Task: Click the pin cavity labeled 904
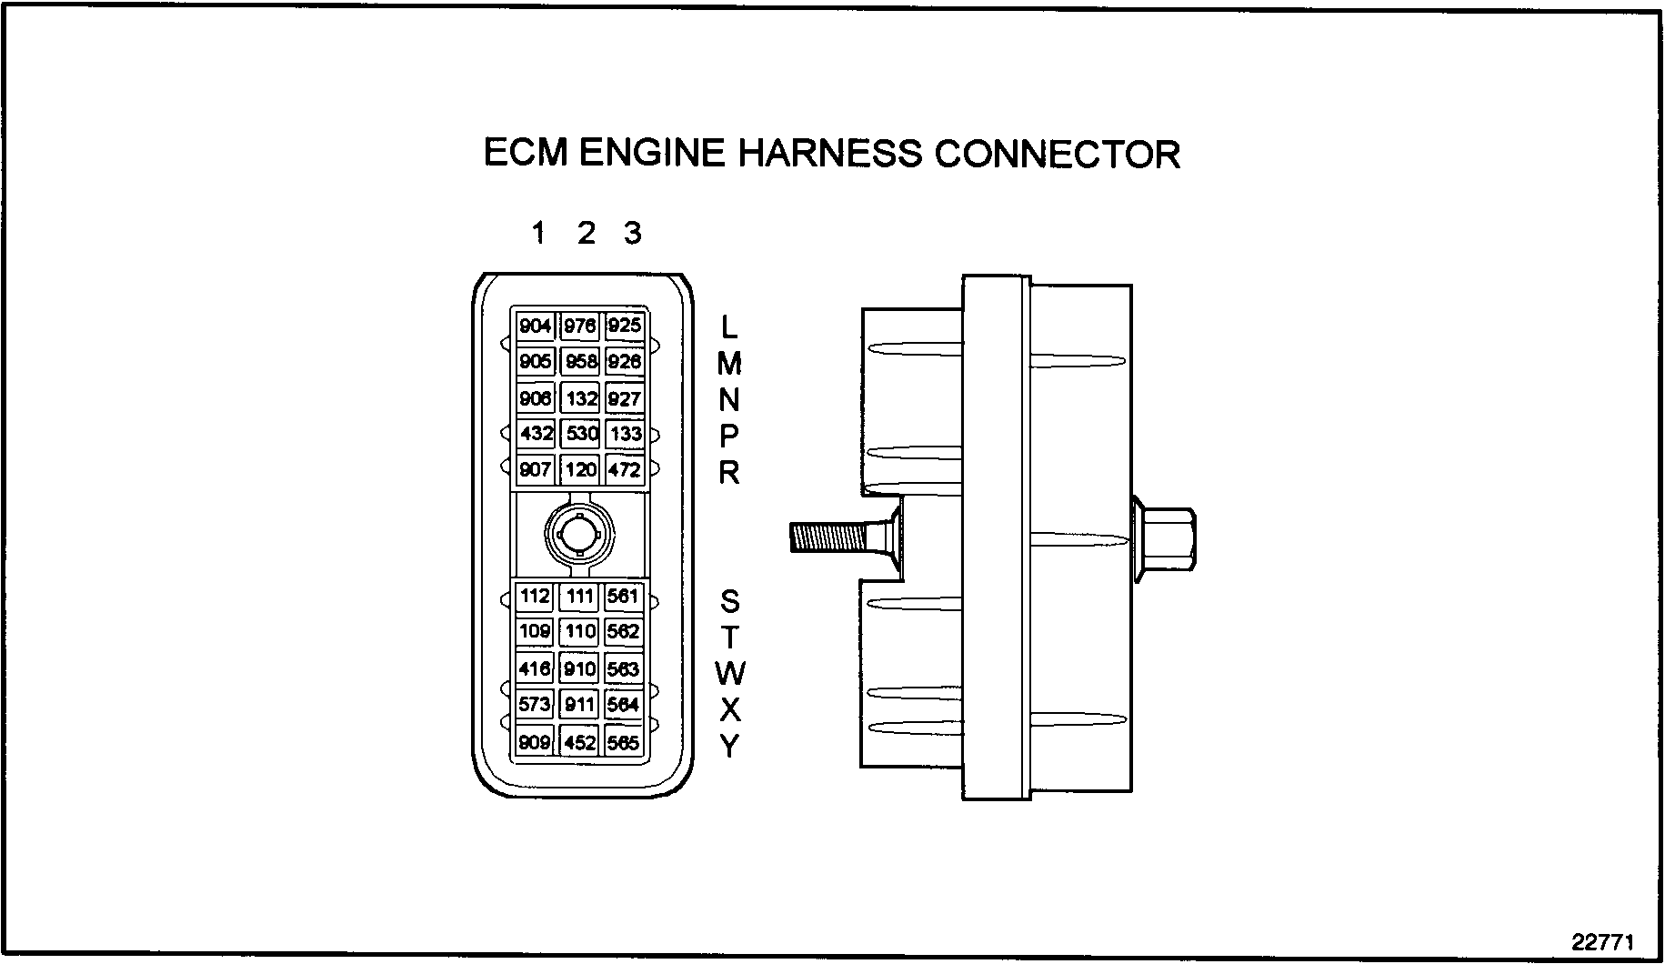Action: tap(535, 326)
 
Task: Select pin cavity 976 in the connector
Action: tap(579, 326)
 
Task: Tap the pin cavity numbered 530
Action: tap(580, 434)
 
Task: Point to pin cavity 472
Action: tap(624, 470)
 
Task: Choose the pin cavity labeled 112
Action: tap(535, 597)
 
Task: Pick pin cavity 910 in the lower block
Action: tap(579, 668)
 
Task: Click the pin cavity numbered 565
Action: tap(623, 742)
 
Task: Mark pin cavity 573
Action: tap(535, 704)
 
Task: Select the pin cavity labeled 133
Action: tap(625, 434)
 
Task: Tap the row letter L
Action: tap(729, 326)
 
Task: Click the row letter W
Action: tap(729, 674)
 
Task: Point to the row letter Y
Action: tap(729, 747)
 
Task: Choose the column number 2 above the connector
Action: tap(586, 234)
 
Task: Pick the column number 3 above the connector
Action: tap(633, 234)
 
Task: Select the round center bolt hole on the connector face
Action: tap(579, 534)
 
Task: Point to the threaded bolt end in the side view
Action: tap(823, 537)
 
